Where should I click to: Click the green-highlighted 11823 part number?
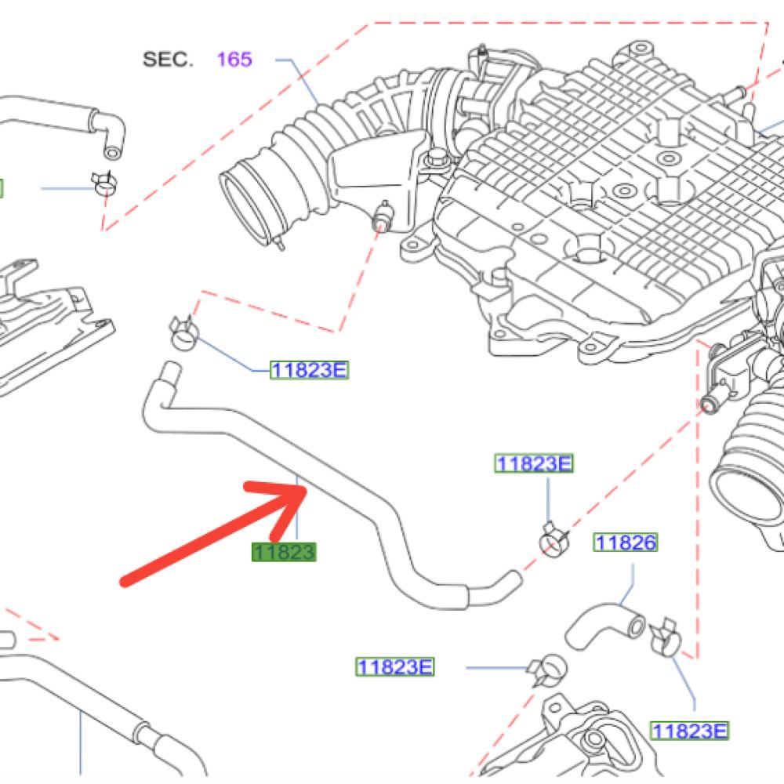pos(284,552)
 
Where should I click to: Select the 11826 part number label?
pos(626,543)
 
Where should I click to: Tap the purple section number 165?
pos(234,60)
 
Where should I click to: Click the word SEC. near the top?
pos(168,60)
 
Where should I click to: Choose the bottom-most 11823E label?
pos(689,731)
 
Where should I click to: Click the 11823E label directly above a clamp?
pos(533,463)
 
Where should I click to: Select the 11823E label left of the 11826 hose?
pos(395,667)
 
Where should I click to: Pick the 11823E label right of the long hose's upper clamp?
pos(309,370)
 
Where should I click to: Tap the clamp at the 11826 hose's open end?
pos(665,637)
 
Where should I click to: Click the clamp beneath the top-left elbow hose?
pos(104,183)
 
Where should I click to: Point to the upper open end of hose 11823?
pos(171,370)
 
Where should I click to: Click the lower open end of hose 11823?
pos(515,579)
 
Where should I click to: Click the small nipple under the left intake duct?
pos(383,215)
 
